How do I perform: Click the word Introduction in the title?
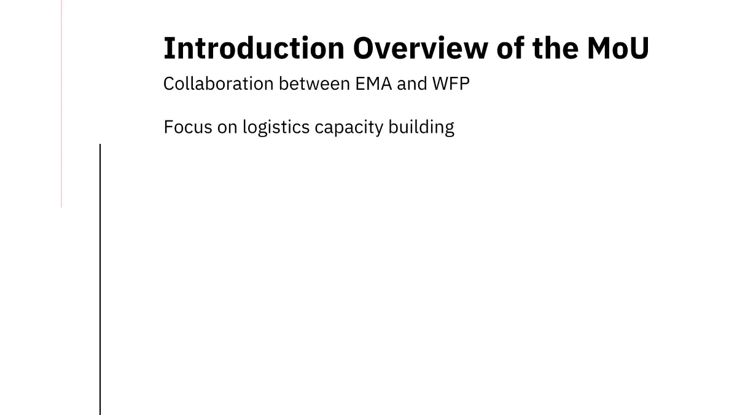pos(254,48)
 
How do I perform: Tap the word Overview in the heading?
pos(421,48)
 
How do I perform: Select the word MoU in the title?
pos(618,48)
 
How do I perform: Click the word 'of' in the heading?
pos(510,48)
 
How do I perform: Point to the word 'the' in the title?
pos(555,48)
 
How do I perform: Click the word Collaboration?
pos(219,84)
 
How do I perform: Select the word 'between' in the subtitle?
pos(314,84)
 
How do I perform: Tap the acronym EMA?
pos(373,84)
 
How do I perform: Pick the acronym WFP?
pos(451,84)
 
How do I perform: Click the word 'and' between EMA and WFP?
pos(412,84)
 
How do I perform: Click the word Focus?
pos(188,127)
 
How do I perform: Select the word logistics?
pos(276,128)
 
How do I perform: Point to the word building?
pos(421,128)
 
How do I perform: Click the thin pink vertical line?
pos(61,104)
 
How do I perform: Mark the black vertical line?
pos(100,279)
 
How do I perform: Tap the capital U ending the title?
pos(639,49)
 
